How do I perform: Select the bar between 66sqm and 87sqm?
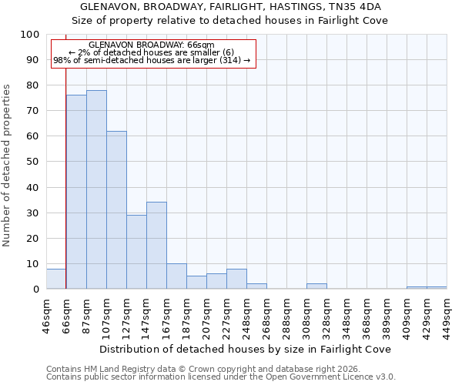point(76,192)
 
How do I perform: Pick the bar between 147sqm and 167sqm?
point(156,246)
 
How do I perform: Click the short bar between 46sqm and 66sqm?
point(56,279)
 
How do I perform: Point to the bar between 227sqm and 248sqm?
point(236,279)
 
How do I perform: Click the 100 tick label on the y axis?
point(29,35)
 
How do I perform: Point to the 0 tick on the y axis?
point(35,290)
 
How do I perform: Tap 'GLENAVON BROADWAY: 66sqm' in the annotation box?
point(152,45)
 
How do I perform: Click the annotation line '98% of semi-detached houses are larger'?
point(152,60)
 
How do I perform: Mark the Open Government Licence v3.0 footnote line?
point(221,377)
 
